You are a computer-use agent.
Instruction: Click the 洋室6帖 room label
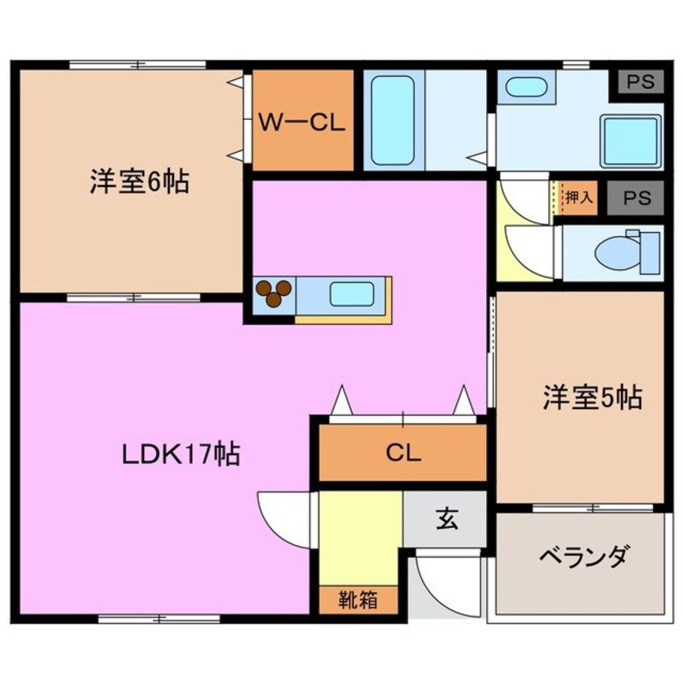pyautogui.click(x=138, y=183)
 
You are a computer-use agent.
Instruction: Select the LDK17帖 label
pyautogui.click(x=179, y=454)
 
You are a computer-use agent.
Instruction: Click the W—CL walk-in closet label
pyautogui.click(x=302, y=122)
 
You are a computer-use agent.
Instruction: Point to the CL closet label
pyautogui.click(x=403, y=453)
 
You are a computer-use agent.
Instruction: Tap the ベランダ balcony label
pyautogui.click(x=582, y=557)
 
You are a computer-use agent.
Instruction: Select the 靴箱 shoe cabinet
pyautogui.click(x=357, y=600)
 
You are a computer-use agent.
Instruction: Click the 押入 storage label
pyautogui.click(x=578, y=197)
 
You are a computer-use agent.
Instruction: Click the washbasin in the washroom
pyautogui.click(x=526, y=87)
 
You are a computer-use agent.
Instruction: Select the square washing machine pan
pyautogui.click(x=630, y=139)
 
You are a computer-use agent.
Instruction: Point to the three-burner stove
pyautogui.click(x=273, y=293)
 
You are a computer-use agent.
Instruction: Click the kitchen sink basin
pyautogui.click(x=351, y=293)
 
